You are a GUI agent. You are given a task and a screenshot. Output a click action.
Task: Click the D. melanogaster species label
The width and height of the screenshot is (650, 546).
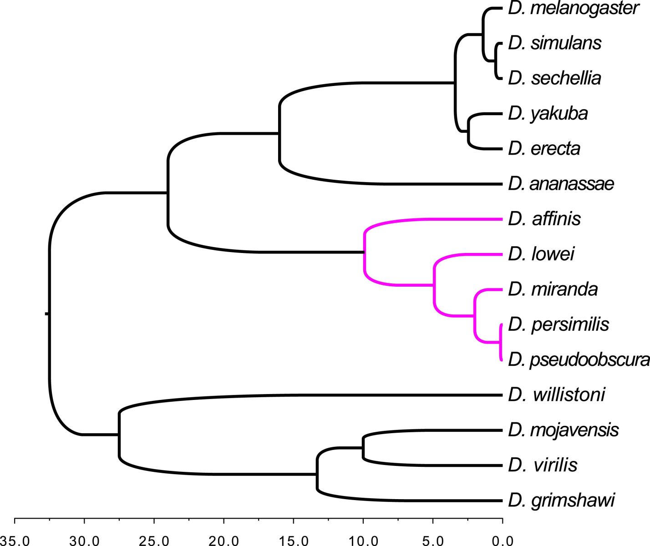[574, 9]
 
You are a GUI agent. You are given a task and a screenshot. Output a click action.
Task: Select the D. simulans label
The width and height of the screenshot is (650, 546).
[555, 43]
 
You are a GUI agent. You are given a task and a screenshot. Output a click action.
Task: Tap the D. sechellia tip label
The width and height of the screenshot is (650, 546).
[554, 78]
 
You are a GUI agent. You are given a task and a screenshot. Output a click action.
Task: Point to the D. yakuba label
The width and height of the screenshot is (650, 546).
[548, 114]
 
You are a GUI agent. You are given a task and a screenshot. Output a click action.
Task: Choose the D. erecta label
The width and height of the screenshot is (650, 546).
[544, 148]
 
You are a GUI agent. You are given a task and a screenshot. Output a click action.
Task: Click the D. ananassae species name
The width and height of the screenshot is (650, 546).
[561, 184]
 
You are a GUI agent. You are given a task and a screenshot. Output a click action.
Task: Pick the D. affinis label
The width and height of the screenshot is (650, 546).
[544, 219]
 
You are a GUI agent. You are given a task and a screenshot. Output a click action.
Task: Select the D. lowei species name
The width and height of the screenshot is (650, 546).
[541, 254]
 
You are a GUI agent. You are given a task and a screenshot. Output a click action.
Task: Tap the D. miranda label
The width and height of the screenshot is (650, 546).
[553, 289]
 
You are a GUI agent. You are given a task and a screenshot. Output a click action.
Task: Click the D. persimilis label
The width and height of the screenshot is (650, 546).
[559, 325]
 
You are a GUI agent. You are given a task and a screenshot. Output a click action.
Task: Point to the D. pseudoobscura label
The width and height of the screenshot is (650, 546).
[579, 360]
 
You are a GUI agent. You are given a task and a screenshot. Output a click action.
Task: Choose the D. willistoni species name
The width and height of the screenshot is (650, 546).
[557, 395]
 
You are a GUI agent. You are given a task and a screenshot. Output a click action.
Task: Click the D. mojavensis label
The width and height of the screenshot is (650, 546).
[564, 430]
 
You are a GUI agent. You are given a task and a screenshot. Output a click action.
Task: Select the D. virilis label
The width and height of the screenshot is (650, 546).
[543, 465]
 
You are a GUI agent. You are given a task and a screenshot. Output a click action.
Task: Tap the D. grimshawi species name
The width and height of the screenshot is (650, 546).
[562, 501]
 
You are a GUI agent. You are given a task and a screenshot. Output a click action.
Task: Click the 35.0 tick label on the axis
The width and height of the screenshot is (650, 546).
[15, 541]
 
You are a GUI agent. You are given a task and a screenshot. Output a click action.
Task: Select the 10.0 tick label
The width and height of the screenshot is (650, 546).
[363, 541]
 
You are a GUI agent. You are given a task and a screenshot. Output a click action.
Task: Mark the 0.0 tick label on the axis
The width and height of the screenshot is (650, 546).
[503, 541]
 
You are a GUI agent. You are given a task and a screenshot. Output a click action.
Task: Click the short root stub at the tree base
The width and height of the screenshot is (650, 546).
[47, 314]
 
